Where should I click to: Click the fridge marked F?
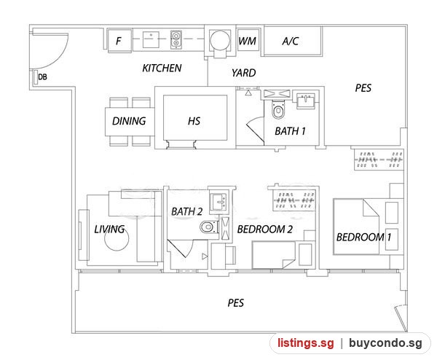pos(119,40)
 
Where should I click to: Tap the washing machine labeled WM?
pos(248,40)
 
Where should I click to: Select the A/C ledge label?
pos(290,42)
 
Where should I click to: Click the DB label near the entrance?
pos(42,77)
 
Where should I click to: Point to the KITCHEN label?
pos(162,68)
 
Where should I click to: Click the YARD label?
pos(243,73)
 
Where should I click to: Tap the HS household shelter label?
pos(194,121)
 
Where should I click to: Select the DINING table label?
pos(129,121)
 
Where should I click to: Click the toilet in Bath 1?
pos(278,109)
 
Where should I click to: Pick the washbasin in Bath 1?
pos(306,100)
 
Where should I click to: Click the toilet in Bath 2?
pos(209,227)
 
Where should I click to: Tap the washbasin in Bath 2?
pos(219,202)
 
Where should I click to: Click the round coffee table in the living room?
pos(117,238)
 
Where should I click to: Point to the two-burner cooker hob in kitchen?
pos(176,39)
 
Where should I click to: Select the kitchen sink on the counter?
pos(151,39)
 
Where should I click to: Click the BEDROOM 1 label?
pos(363,238)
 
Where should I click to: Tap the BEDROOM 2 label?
pos(265,230)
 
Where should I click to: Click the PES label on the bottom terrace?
pos(236,303)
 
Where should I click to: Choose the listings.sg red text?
pos(306,343)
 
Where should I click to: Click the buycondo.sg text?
pos(385,343)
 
